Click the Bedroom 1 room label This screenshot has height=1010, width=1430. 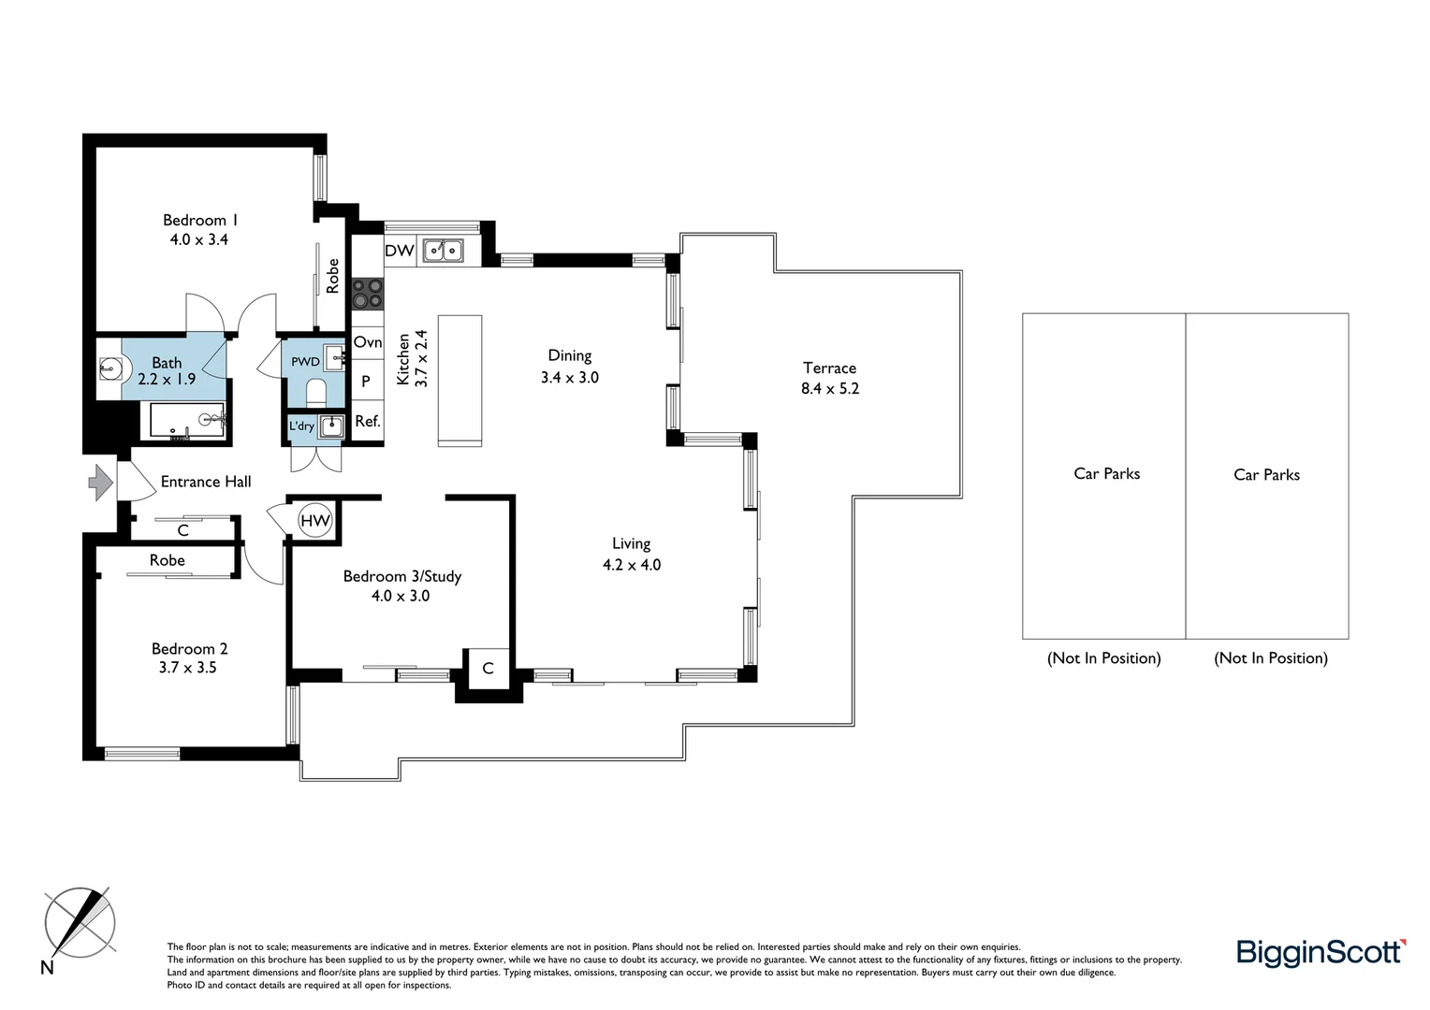click(199, 221)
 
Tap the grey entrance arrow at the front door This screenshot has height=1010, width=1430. click(100, 483)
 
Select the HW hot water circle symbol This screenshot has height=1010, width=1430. click(315, 521)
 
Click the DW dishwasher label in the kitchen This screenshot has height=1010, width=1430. click(400, 251)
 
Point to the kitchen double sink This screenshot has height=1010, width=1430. click(443, 251)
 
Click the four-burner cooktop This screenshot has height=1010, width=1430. click(367, 294)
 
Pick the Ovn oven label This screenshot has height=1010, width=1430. click(368, 342)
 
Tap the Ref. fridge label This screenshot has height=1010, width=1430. click(368, 422)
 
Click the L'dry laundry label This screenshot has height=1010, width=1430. click(301, 426)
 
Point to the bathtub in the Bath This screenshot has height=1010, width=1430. click(188, 421)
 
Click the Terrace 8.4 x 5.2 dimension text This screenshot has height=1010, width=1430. click(829, 388)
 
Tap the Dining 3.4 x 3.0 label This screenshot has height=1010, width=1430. click(569, 367)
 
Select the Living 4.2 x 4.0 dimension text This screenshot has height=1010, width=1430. click(632, 565)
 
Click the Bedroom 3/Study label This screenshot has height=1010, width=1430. click(401, 576)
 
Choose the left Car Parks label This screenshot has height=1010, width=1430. click(1106, 474)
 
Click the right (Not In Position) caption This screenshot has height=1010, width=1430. click(1270, 658)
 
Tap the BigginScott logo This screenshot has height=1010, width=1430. click(1321, 952)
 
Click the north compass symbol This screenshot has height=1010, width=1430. click(80, 923)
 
